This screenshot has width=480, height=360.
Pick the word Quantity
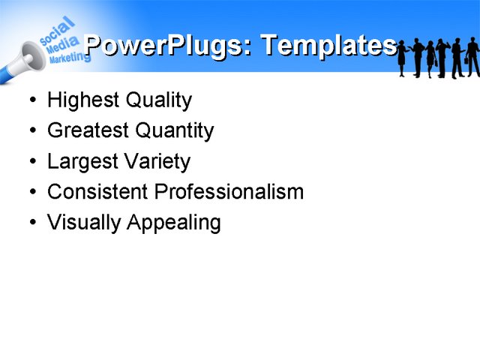(174, 131)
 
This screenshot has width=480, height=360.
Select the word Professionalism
(229, 192)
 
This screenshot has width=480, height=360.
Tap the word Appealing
(175, 223)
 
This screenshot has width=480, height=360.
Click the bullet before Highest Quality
(31, 100)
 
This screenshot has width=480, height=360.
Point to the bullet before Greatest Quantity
(31, 131)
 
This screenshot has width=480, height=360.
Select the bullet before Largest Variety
(31, 162)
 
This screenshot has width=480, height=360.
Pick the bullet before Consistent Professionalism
(31, 192)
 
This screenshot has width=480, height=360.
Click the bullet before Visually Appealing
(31, 223)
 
